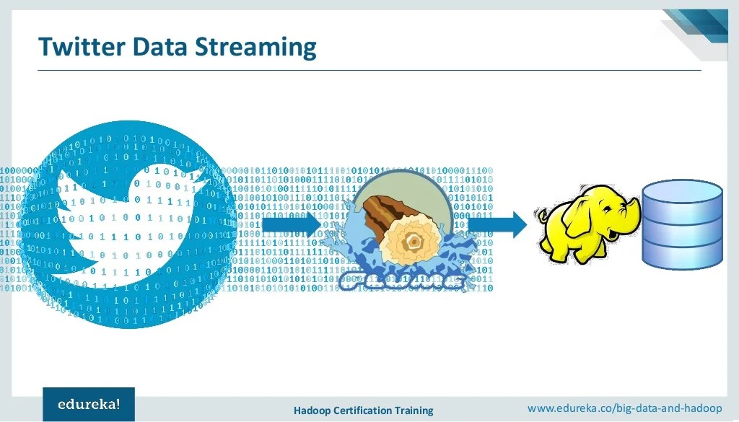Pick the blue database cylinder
click(682, 224)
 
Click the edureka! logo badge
click(88, 404)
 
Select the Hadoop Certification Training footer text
click(363, 410)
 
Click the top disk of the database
click(682, 190)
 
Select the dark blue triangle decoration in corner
click(704, 22)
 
